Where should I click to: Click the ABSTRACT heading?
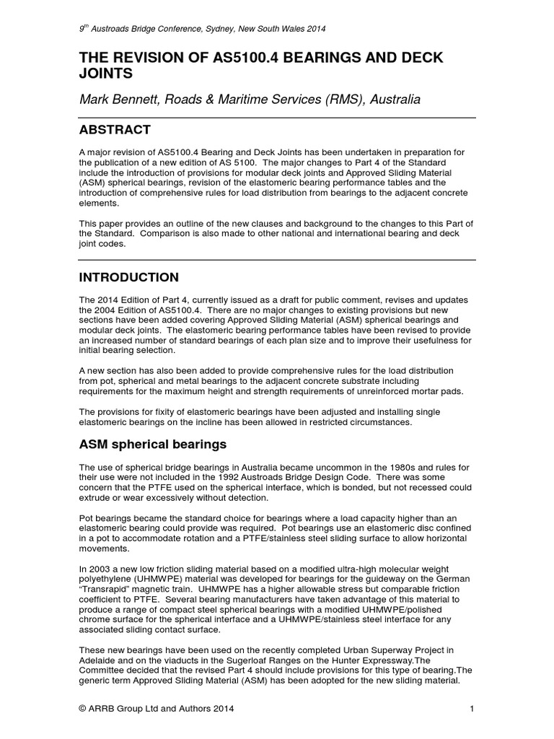click(x=115, y=130)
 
